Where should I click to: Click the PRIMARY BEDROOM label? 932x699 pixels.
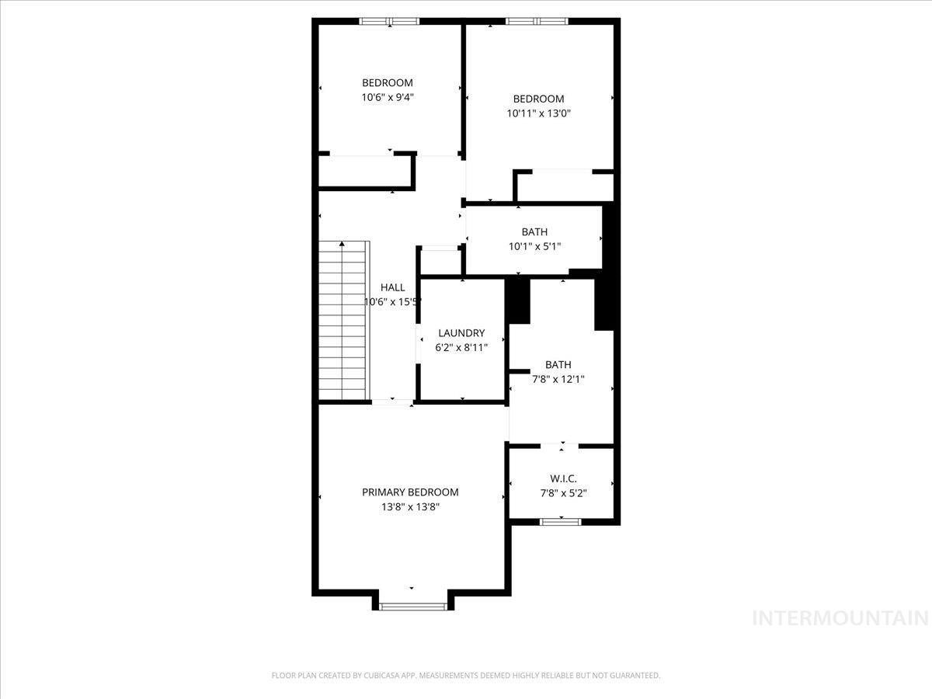pos(410,492)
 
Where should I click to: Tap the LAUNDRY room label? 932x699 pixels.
pos(461,333)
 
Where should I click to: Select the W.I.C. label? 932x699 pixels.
pos(563,478)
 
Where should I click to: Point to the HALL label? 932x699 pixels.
pos(392,287)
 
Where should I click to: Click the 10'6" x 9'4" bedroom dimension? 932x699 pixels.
pos(388,98)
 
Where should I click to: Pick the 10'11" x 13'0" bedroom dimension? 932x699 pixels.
pos(538,113)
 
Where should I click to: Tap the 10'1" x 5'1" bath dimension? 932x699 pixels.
pos(534,246)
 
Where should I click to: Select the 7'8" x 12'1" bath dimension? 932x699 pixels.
pos(558,379)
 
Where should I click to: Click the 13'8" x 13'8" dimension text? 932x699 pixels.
pos(410,506)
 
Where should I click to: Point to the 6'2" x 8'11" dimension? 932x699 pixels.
pos(461,347)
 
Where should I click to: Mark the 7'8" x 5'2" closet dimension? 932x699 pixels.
pos(563,492)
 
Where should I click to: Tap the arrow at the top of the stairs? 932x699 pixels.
pos(343,245)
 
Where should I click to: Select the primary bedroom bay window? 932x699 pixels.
pos(412,606)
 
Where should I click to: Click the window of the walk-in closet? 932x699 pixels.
pos(561,522)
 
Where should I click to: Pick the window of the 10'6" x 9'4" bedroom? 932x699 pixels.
pos(389,21)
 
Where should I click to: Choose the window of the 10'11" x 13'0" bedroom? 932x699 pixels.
pos(537,21)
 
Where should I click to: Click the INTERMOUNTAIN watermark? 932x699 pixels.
pos(841,618)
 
